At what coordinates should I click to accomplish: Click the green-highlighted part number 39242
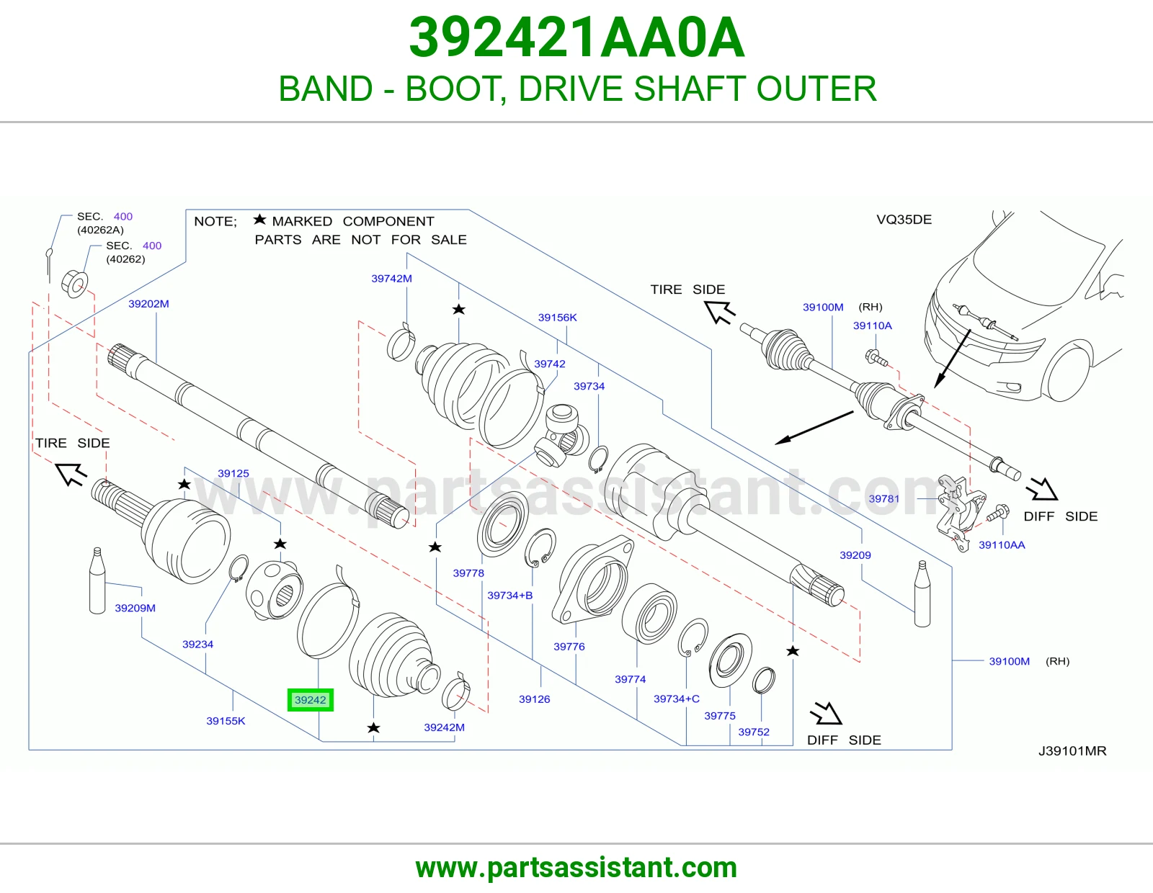click(311, 700)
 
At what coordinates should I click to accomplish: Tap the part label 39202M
click(148, 304)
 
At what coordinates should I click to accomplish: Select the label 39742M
click(391, 279)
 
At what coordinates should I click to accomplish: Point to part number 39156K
click(557, 317)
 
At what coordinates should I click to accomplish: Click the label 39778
click(468, 573)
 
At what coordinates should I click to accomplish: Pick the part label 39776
click(569, 647)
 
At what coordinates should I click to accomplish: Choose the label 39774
click(631, 679)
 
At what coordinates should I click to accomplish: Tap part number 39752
click(754, 732)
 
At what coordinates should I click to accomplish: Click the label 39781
click(884, 498)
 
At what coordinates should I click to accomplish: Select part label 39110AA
click(1002, 544)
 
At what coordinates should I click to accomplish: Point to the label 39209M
click(135, 608)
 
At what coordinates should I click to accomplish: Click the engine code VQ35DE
click(904, 220)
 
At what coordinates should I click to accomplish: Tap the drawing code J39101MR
click(1072, 751)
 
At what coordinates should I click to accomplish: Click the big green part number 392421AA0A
click(576, 37)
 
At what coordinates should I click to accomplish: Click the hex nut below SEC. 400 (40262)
click(76, 284)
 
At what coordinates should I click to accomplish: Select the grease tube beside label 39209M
click(97, 580)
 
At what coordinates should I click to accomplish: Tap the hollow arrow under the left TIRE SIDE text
click(71, 473)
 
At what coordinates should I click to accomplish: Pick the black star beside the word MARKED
click(259, 219)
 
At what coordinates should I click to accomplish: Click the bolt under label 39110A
click(876, 357)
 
